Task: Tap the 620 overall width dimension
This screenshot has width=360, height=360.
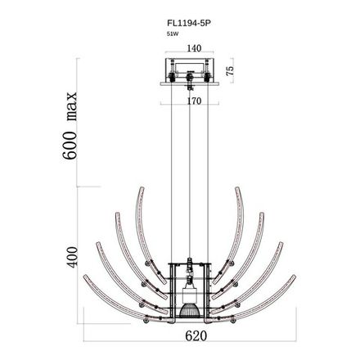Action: coord(191,335)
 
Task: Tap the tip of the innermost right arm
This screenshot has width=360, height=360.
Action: coord(238,188)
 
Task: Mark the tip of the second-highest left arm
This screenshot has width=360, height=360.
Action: coord(118,215)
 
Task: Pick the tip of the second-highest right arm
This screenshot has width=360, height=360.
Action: coord(263,215)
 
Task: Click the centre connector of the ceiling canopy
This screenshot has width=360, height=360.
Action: coord(190,79)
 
